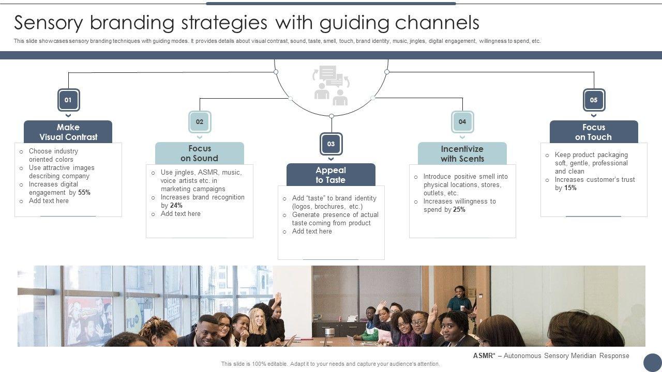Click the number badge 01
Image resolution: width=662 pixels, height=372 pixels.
[x=68, y=100]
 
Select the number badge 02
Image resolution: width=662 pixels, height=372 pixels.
[x=200, y=122]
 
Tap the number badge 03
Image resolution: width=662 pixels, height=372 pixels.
[x=331, y=144]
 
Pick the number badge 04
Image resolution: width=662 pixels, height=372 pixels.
[x=462, y=122]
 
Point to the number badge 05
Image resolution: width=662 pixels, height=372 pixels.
[x=594, y=100]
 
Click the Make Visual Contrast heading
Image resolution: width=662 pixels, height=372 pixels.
[x=68, y=132]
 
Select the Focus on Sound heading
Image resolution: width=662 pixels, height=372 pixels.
[x=200, y=153]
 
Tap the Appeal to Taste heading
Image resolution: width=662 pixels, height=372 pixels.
[x=331, y=175]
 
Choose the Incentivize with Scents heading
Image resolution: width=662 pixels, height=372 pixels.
[x=462, y=154]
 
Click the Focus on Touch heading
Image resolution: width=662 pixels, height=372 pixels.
[x=594, y=132]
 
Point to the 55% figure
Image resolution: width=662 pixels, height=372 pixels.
[x=84, y=193]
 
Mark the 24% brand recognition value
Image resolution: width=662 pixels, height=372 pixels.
[x=176, y=206]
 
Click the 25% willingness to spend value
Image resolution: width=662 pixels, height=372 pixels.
[x=459, y=210]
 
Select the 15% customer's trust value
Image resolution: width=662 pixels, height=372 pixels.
[x=570, y=188]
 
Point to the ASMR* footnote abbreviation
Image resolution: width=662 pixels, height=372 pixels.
[x=483, y=356]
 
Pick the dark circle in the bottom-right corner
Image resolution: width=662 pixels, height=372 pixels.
[x=653, y=362]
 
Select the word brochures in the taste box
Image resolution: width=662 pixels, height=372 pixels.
[x=329, y=207]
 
